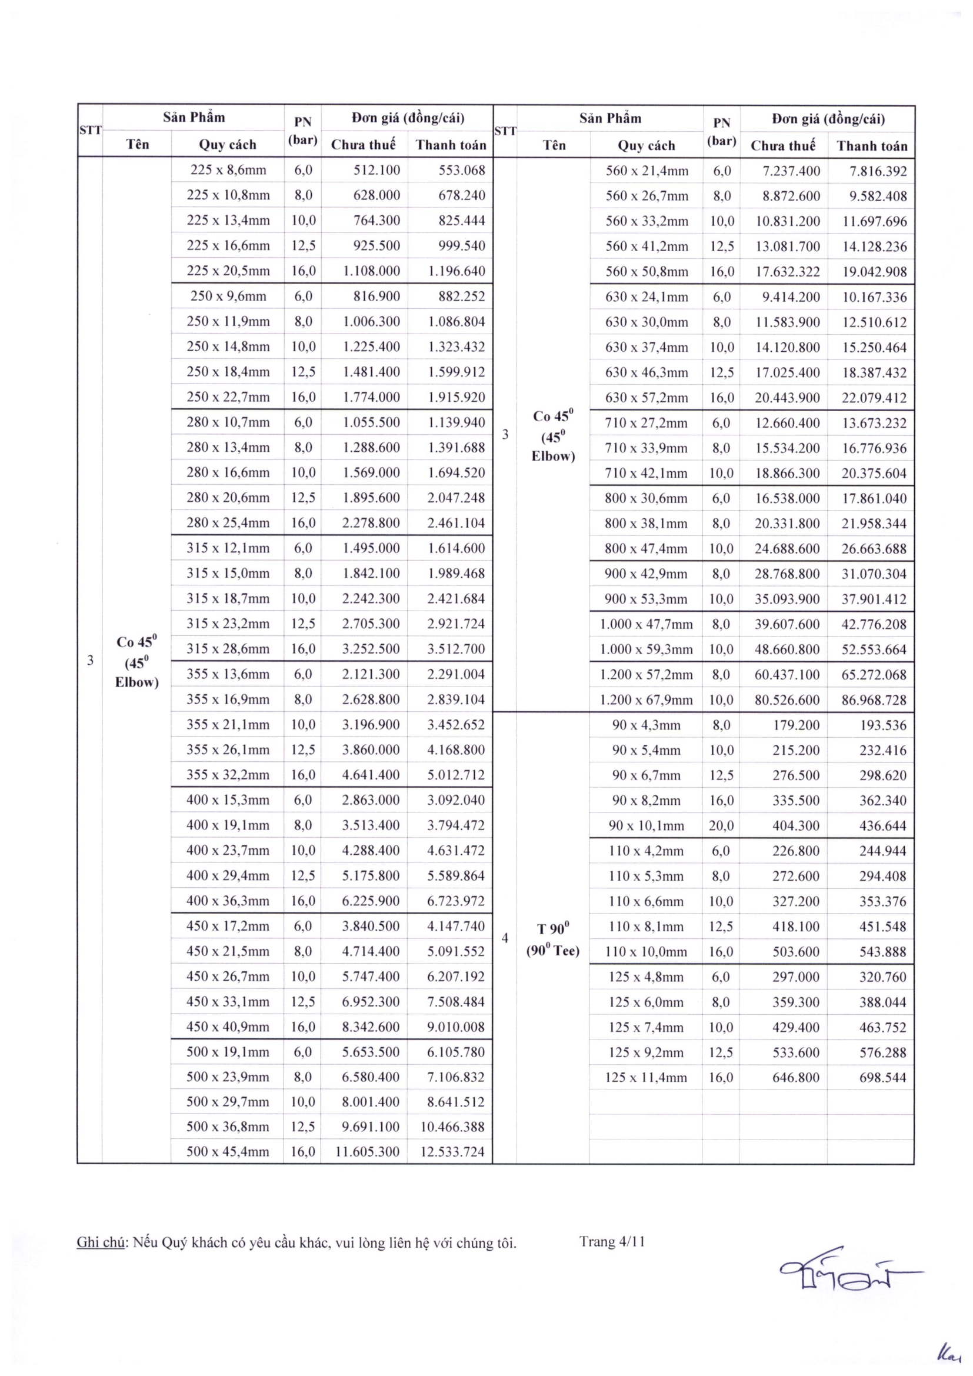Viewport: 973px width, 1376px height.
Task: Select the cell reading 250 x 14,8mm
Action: (x=228, y=347)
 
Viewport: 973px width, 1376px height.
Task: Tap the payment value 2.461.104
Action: (x=456, y=522)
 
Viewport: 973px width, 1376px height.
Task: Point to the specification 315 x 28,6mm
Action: (x=228, y=648)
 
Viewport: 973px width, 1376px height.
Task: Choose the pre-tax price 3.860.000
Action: (x=371, y=749)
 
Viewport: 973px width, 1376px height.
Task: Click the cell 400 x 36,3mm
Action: (x=228, y=901)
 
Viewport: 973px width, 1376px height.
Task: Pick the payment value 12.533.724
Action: (x=452, y=1151)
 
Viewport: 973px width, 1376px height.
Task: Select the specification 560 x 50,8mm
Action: (x=647, y=271)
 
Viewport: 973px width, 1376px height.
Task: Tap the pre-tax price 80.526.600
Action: (x=787, y=699)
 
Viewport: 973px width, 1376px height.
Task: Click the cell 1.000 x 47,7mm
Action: (x=646, y=624)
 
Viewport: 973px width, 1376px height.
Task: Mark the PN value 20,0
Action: (x=721, y=825)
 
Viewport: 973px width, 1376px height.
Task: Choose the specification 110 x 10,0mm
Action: (x=646, y=951)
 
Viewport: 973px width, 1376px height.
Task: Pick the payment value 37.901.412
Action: (x=874, y=599)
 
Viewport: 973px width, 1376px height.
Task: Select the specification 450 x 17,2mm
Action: (x=228, y=926)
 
